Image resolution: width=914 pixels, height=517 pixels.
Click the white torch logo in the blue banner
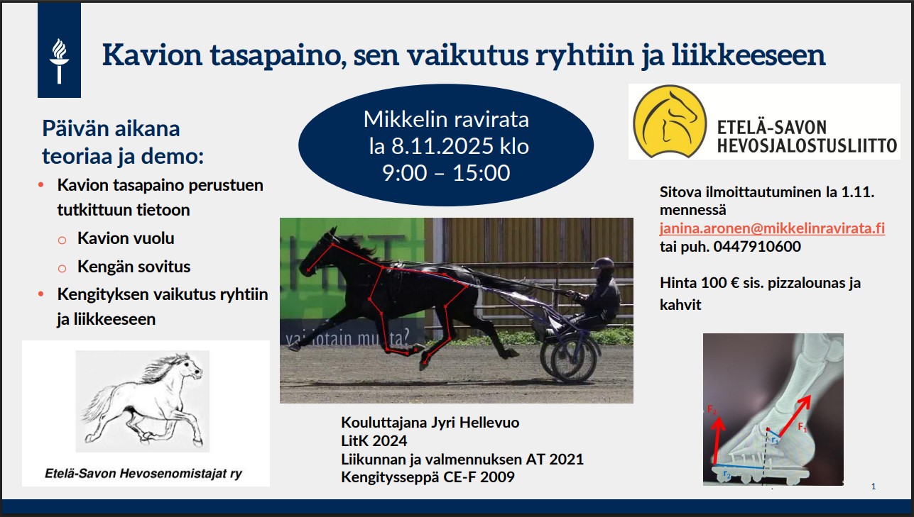click(59, 61)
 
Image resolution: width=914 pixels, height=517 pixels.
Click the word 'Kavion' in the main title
click(152, 55)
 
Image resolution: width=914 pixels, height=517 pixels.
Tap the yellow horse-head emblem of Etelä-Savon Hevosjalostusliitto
click(670, 121)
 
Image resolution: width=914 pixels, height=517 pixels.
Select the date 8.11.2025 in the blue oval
click(442, 146)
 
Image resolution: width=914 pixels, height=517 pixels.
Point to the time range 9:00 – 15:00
click(446, 173)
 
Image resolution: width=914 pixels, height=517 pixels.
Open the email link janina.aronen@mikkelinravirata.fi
click(772, 228)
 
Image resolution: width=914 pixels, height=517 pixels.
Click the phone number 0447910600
click(757, 247)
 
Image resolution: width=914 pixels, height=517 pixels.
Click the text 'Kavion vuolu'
click(126, 238)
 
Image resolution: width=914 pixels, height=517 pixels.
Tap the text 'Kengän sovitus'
click(134, 267)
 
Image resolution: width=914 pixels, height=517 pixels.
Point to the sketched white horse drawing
click(143, 401)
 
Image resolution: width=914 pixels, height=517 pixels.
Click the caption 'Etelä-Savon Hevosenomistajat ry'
click(143, 474)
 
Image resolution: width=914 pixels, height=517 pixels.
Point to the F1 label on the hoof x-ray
click(803, 427)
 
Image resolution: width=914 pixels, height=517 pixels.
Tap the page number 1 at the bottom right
click(874, 486)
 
